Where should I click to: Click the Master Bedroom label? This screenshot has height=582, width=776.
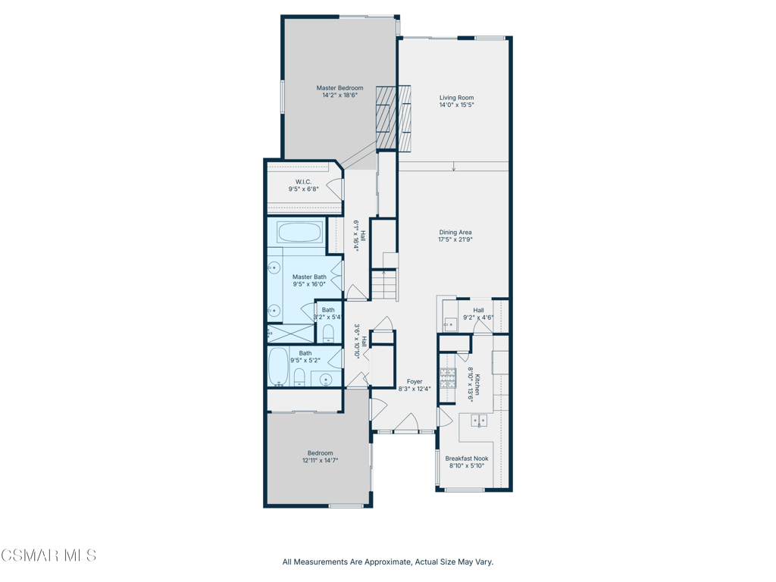coord(339,88)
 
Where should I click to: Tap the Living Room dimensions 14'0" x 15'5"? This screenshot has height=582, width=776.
coord(456,105)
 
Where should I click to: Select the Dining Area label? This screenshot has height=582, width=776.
coord(455,232)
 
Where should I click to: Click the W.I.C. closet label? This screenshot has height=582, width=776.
coord(303,182)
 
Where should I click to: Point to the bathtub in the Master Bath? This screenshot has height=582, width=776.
coord(299,233)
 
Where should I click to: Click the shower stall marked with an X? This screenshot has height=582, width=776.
coord(291,333)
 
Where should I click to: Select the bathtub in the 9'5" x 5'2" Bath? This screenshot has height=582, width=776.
coord(279,366)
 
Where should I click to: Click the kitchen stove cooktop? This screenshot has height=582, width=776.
coord(448,378)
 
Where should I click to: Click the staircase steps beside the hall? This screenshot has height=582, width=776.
coord(384,285)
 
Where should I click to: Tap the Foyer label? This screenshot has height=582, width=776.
coord(415,382)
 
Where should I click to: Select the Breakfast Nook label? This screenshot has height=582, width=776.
coord(467,458)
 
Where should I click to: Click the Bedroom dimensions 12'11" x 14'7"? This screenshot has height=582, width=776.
coord(321,460)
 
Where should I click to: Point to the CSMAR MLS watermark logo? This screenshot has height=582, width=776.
coord(48,555)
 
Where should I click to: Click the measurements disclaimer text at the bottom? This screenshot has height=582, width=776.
coord(387,562)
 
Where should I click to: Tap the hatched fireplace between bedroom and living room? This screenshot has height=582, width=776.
coord(393,117)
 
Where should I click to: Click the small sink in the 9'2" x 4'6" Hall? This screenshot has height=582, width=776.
coord(449,324)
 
